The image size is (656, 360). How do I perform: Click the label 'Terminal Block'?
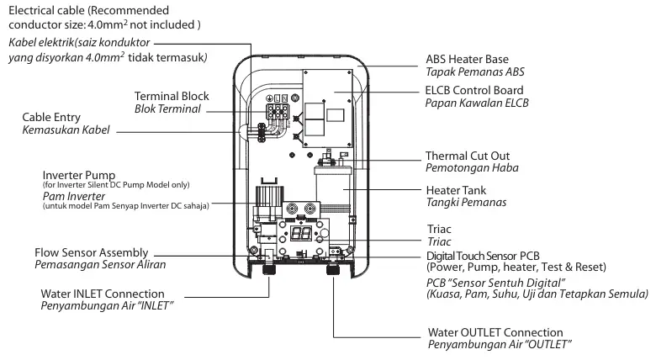click(x=172, y=96)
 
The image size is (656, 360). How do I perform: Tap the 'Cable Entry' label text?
click(x=51, y=117)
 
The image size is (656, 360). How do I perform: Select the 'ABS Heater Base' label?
click(x=468, y=60)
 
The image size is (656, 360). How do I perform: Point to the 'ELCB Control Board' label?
click(x=474, y=90)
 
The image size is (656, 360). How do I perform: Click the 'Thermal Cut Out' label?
click(x=468, y=156)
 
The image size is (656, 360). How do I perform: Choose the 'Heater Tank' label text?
click(x=456, y=190)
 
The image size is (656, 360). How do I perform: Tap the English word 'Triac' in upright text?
click(x=439, y=229)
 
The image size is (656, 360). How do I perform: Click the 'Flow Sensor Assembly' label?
click(x=91, y=253)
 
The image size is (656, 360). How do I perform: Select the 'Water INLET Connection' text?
click(x=103, y=294)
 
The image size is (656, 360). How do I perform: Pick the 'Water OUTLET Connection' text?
click(x=495, y=333)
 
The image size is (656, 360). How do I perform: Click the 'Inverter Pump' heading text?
click(x=79, y=176)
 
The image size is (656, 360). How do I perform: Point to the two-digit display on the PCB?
click(x=301, y=234)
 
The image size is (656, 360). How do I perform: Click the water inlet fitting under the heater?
click(x=268, y=269)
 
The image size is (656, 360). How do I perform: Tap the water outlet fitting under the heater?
click(x=332, y=269)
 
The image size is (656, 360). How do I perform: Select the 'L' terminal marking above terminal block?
click(x=277, y=98)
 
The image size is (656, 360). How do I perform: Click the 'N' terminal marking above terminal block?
click(x=284, y=98)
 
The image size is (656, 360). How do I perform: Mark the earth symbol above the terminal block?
click(x=269, y=98)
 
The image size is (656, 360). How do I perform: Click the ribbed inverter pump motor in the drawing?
click(x=269, y=196)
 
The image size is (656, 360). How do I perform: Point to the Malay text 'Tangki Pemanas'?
click(x=466, y=203)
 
